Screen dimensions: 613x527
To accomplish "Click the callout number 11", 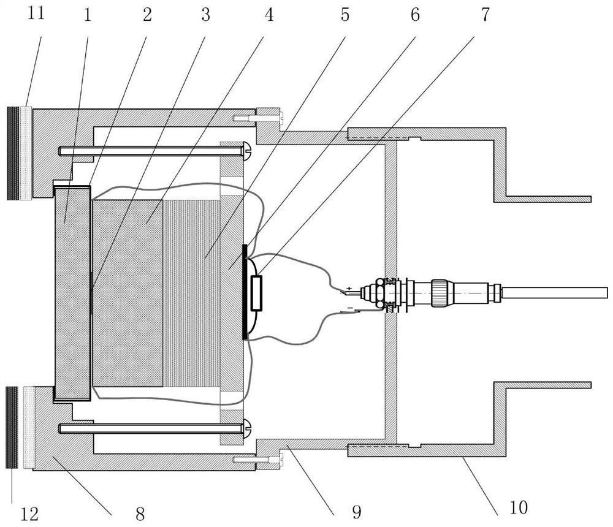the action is pyautogui.click(x=36, y=13).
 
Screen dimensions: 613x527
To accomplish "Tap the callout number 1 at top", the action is pyautogui.click(x=88, y=15).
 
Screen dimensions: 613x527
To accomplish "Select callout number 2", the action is pyautogui.click(x=147, y=15).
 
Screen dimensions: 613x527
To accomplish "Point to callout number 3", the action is pyautogui.click(x=205, y=15).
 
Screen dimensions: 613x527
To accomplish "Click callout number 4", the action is pyautogui.click(x=269, y=15).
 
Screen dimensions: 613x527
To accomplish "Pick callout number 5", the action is pyautogui.click(x=345, y=15).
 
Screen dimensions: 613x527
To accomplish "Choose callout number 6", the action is pyautogui.click(x=415, y=15).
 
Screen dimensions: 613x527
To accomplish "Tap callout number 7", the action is pyautogui.click(x=485, y=15).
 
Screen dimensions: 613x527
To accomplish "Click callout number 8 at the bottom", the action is pyautogui.click(x=140, y=513).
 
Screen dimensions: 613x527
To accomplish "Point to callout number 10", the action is pyautogui.click(x=519, y=507).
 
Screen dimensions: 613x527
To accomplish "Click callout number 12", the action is pyautogui.click(x=29, y=513).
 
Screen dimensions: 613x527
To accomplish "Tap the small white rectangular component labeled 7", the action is pyautogui.click(x=256, y=293).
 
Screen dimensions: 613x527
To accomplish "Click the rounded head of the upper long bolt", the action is pyautogui.click(x=248, y=150).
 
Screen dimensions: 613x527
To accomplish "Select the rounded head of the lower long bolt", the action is pyautogui.click(x=248, y=428).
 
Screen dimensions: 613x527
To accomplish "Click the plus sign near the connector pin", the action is pyautogui.click(x=349, y=288).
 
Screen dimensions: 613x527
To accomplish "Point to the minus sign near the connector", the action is pyautogui.click(x=350, y=308).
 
